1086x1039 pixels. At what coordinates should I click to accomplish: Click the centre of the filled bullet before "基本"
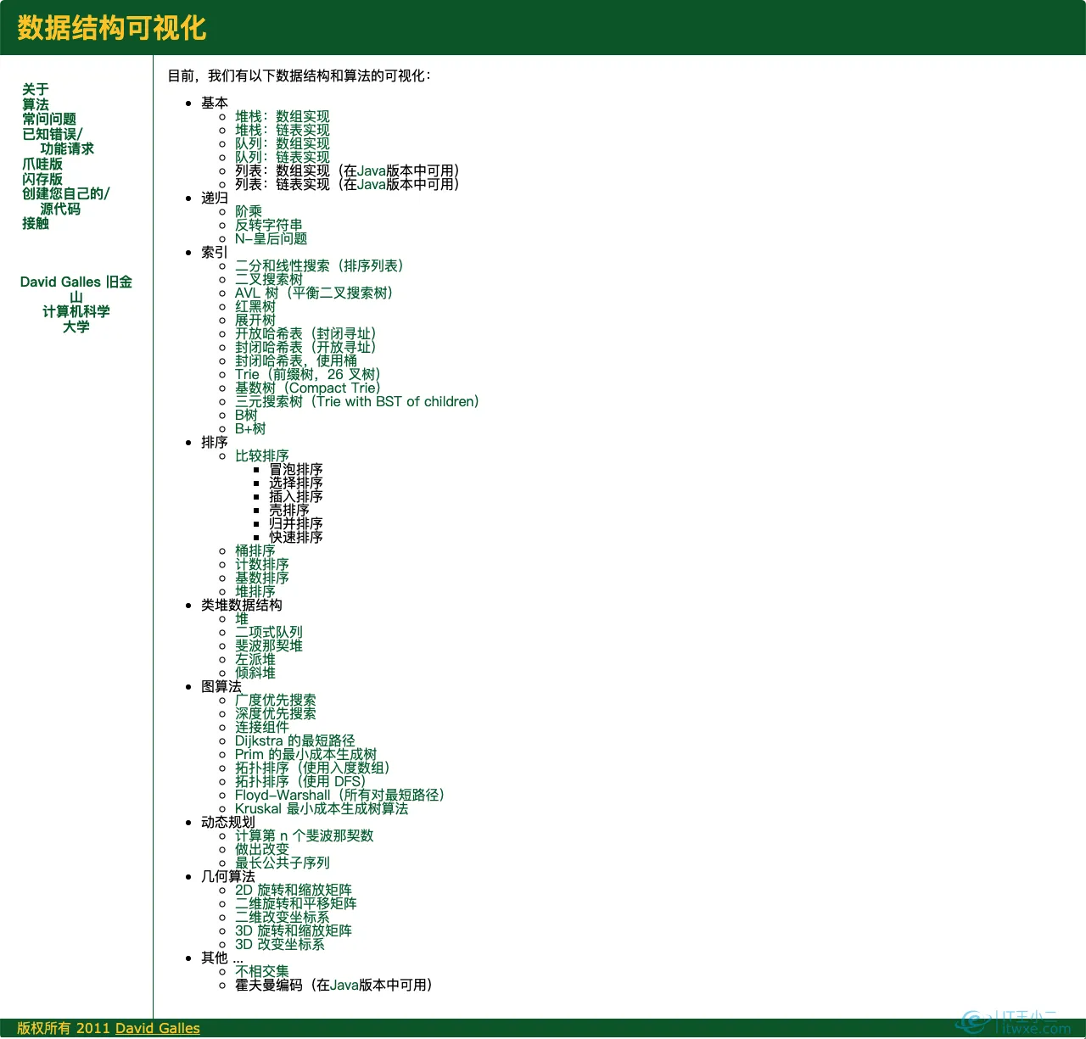pyautogui.click(x=188, y=103)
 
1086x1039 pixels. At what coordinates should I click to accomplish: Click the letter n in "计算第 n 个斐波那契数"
pyautogui.click(x=283, y=836)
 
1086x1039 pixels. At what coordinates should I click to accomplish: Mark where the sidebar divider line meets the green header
pyautogui.click(x=153, y=55)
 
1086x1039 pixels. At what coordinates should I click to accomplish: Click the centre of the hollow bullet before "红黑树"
pyautogui.click(x=222, y=307)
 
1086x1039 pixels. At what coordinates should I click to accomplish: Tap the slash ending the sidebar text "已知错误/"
pyautogui.click(x=80, y=134)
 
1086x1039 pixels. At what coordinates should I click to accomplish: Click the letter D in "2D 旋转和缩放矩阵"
pyautogui.click(x=248, y=890)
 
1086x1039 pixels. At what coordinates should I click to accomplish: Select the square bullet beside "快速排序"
pyautogui.click(x=257, y=538)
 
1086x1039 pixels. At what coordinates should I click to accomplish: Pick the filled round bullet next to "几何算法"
pyautogui.click(x=188, y=877)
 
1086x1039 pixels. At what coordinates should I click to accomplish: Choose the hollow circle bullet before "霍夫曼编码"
pyautogui.click(x=222, y=986)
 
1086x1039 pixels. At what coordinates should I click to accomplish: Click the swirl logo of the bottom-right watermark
pyautogui.click(x=973, y=1022)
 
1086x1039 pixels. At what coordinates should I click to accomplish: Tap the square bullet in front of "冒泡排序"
pyautogui.click(x=257, y=470)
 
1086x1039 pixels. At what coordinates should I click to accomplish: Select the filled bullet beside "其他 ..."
pyautogui.click(x=188, y=958)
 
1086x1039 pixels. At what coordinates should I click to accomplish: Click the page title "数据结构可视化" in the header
pyautogui.click(x=112, y=27)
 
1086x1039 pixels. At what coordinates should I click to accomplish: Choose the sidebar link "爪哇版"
pyautogui.click(x=42, y=164)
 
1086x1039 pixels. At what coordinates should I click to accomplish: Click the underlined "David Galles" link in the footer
pyautogui.click(x=157, y=1028)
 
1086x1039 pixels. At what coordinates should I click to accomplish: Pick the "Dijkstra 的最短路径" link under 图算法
pyautogui.click(x=294, y=741)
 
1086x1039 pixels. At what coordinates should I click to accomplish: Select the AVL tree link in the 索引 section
pyautogui.click(x=314, y=293)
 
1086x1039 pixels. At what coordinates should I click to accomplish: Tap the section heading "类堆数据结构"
pyautogui.click(x=242, y=605)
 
